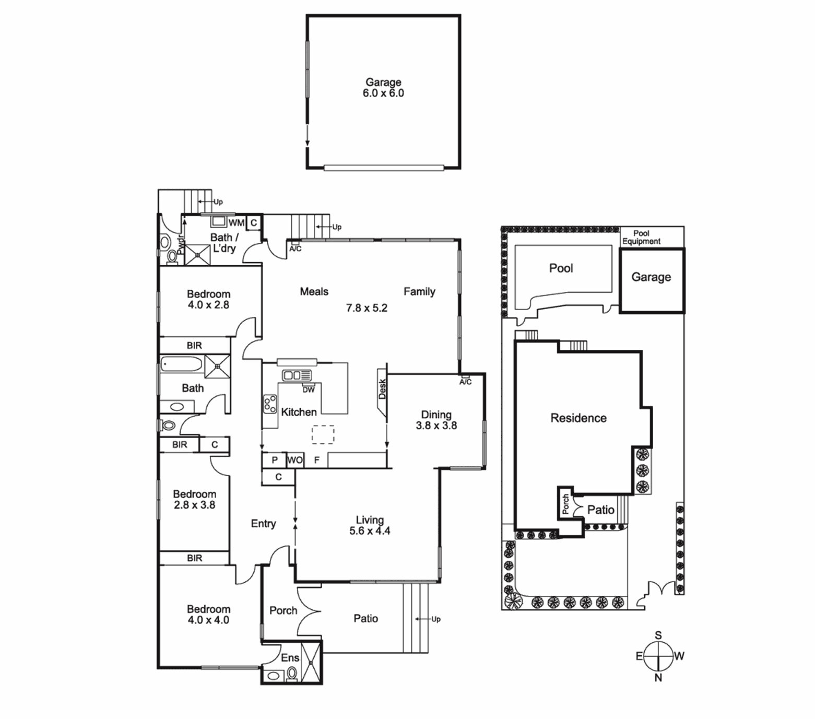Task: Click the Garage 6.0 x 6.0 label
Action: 383,88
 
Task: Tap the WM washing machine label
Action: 236,223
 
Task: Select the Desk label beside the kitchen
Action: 382,389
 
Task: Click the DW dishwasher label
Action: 309,390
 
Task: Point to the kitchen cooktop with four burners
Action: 270,403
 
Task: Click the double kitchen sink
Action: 297,375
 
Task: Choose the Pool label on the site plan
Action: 561,268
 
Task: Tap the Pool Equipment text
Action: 641,238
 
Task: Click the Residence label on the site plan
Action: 578,418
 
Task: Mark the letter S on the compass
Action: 658,635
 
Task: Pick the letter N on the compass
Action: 658,678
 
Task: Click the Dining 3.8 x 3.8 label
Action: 436,420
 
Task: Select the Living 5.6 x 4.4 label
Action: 370,525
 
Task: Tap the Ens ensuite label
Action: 290,658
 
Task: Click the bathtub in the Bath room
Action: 181,364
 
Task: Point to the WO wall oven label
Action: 295,460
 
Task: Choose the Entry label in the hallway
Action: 263,524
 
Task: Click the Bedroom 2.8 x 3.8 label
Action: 194,499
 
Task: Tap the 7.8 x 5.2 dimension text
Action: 367,308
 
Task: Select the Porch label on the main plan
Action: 283,610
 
